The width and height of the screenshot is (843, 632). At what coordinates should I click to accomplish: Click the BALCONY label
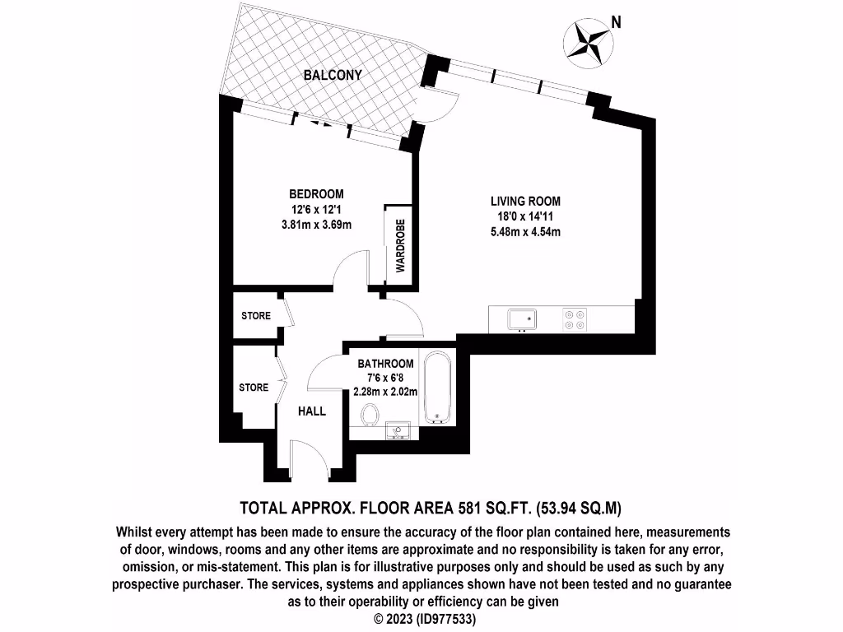click(x=333, y=75)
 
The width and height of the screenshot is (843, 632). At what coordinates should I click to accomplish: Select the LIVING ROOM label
click(x=525, y=201)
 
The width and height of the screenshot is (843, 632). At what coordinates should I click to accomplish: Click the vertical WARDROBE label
click(x=400, y=246)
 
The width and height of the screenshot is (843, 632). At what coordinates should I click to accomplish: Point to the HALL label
click(x=312, y=411)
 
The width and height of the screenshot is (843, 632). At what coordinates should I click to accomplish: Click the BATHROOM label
click(x=385, y=364)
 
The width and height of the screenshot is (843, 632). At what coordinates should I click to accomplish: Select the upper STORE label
click(x=255, y=316)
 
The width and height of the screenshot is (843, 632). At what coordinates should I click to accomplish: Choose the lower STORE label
click(x=254, y=387)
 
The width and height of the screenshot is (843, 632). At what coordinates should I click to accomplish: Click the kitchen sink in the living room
click(x=522, y=318)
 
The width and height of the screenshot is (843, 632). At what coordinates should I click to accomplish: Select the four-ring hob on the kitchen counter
click(x=574, y=318)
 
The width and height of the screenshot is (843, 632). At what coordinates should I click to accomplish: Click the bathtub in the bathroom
click(x=436, y=388)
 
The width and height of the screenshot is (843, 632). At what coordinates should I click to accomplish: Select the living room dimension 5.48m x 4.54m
click(x=525, y=231)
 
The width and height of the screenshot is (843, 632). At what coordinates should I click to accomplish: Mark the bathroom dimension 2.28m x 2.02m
click(x=385, y=392)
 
